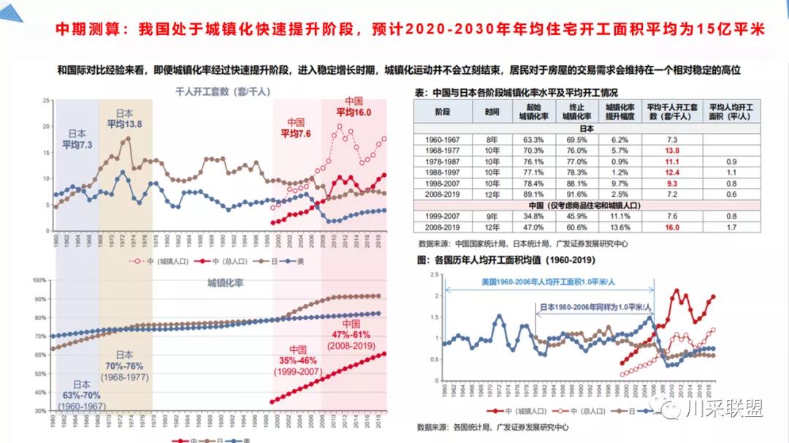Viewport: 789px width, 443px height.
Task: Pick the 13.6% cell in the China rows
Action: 619,227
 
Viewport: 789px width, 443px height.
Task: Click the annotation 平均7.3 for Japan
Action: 77,145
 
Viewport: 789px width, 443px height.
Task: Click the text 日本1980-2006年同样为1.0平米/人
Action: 596,308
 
